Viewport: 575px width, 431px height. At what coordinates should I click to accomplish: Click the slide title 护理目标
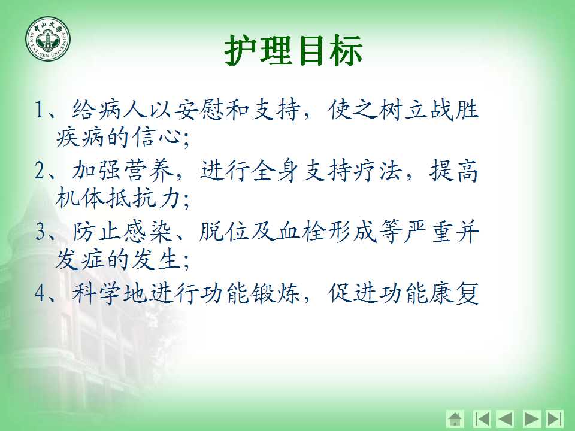[x=293, y=50]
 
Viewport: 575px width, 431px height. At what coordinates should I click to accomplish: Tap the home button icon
[x=455, y=419]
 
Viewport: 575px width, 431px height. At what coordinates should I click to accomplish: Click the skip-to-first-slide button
[x=482, y=419]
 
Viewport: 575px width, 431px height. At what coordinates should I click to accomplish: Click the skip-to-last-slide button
[x=554, y=419]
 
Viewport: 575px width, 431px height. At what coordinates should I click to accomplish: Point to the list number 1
[x=40, y=109]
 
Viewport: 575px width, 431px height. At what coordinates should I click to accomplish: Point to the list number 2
[x=40, y=171]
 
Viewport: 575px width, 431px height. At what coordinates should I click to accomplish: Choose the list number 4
[x=40, y=293]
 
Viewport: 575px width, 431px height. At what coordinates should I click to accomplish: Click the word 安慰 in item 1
[x=199, y=109]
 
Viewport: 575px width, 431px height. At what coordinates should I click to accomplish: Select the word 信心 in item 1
[x=157, y=137]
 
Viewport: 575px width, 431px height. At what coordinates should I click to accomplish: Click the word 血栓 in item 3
[x=301, y=232]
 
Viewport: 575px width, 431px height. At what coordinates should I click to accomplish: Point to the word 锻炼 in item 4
[x=276, y=293]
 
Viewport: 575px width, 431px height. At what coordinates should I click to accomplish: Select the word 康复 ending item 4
[x=454, y=293]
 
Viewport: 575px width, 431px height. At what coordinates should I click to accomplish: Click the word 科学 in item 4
[x=97, y=293]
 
